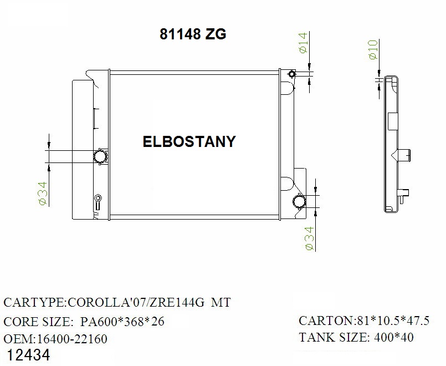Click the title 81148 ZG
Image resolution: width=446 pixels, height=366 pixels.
(193, 34)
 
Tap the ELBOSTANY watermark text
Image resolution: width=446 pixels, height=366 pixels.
(189, 141)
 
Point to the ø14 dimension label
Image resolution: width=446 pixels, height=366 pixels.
(303, 43)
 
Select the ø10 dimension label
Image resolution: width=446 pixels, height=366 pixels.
(373, 50)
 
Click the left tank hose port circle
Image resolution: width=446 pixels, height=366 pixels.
(100, 156)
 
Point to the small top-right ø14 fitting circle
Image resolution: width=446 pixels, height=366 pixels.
(292, 74)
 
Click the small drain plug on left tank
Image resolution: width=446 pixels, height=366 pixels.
(98, 198)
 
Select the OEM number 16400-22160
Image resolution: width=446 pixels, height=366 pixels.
(71, 338)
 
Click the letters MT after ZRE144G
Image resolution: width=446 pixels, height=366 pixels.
(220, 303)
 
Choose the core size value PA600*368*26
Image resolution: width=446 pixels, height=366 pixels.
(122, 322)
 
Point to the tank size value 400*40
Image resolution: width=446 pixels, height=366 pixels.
(393, 337)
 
